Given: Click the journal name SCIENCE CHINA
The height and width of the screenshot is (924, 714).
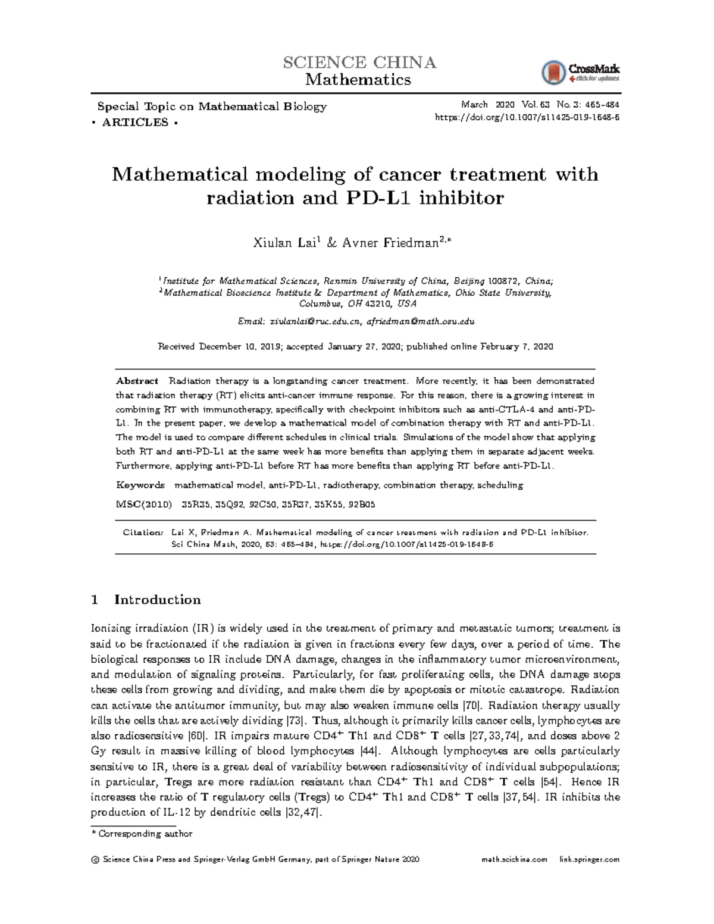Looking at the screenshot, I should point(359,62).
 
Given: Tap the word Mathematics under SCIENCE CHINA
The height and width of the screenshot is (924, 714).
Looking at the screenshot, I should point(358,80).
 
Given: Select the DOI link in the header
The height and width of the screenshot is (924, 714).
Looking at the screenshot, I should point(527,117).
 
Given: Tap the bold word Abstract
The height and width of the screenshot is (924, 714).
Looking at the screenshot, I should point(137,381).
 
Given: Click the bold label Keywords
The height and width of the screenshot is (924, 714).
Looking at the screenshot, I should point(140,485).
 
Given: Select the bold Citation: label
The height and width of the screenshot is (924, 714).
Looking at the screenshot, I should point(143,533).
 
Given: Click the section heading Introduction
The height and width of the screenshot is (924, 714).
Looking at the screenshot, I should point(157,599).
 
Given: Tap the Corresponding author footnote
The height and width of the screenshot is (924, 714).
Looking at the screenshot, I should point(145,834).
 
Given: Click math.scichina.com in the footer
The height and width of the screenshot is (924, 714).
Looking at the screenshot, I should point(515,859).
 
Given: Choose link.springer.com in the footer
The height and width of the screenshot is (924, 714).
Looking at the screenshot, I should point(589,859).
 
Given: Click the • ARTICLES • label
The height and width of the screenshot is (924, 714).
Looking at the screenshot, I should point(136,123).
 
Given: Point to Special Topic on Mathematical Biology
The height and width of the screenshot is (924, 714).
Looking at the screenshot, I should point(212,107).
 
